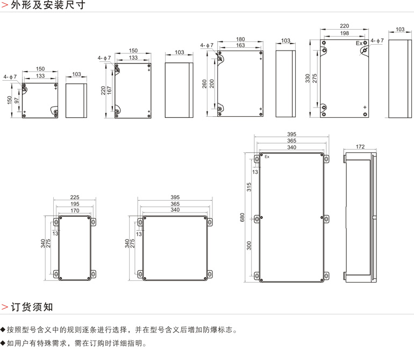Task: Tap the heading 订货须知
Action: point(32,307)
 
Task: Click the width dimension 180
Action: point(240,39)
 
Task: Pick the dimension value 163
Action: point(240,46)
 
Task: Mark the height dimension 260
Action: point(204,83)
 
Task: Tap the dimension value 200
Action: point(212,83)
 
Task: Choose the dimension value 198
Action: point(344,33)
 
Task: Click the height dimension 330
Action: point(308,79)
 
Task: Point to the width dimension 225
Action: point(75,197)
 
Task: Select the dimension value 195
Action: point(75,204)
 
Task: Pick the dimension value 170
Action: point(75,210)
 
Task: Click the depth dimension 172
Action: point(360,146)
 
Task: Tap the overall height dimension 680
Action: point(242,217)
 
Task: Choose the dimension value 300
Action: point(249,245)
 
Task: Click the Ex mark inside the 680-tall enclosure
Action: point(267,157)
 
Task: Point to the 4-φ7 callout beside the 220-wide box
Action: point(376,40)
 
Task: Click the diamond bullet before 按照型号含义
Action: point(3,330)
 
